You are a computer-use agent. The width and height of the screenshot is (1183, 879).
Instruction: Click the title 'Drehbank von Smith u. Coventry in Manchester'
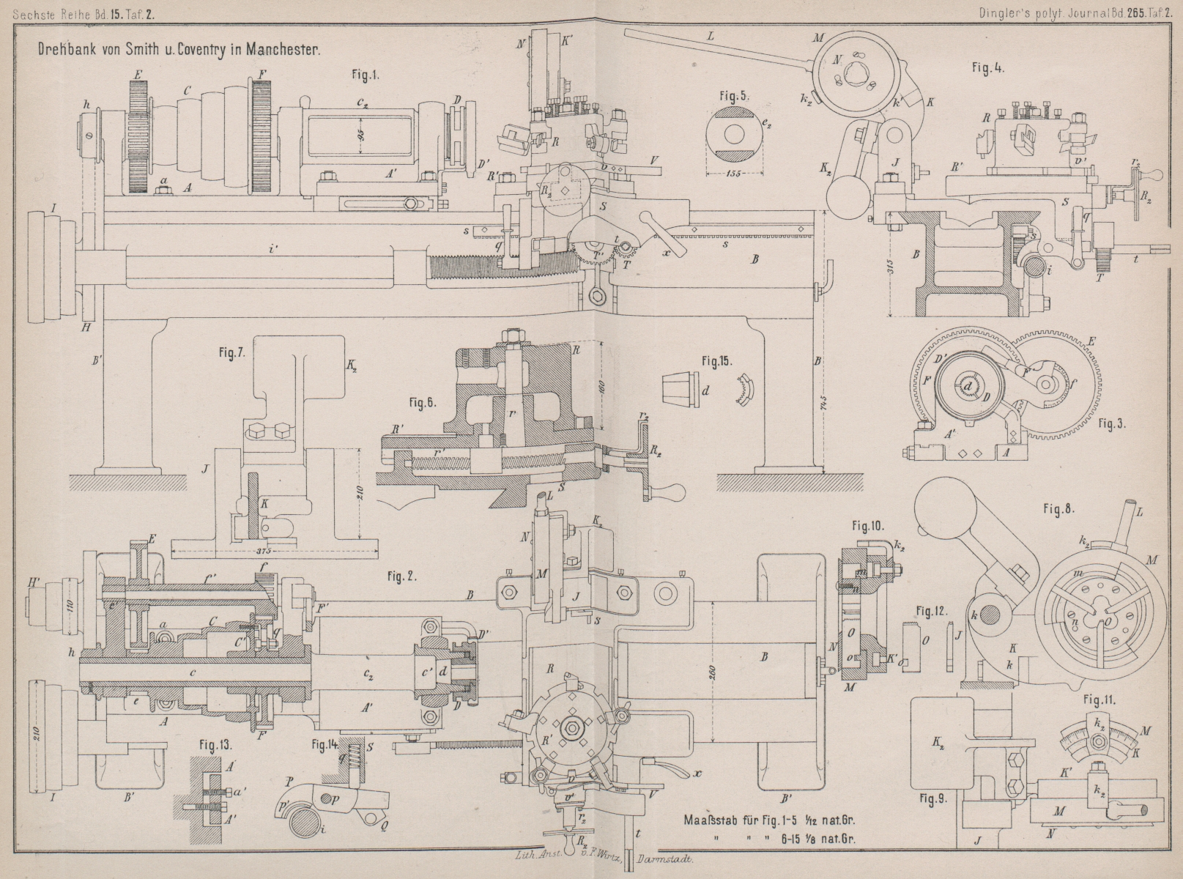click(x=177, y=51)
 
